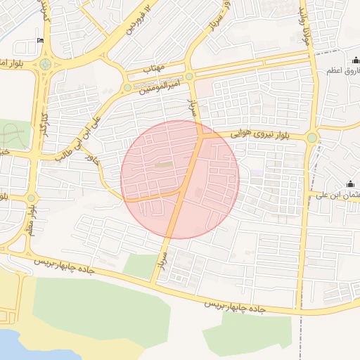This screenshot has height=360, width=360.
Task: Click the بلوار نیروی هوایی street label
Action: click(262, 132)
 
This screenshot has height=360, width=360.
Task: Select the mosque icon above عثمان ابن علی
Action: click(350, 184)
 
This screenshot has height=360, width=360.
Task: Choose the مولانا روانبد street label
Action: click(304, 21)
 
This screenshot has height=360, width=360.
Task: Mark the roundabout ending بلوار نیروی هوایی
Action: click(311, 137)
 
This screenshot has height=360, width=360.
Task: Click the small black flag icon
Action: click(40, 40)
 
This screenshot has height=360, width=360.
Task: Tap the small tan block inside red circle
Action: click(162, 165)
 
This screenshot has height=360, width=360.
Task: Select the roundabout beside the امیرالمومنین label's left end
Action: click(127, 88)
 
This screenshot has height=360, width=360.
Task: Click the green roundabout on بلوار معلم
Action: click(31, 198)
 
